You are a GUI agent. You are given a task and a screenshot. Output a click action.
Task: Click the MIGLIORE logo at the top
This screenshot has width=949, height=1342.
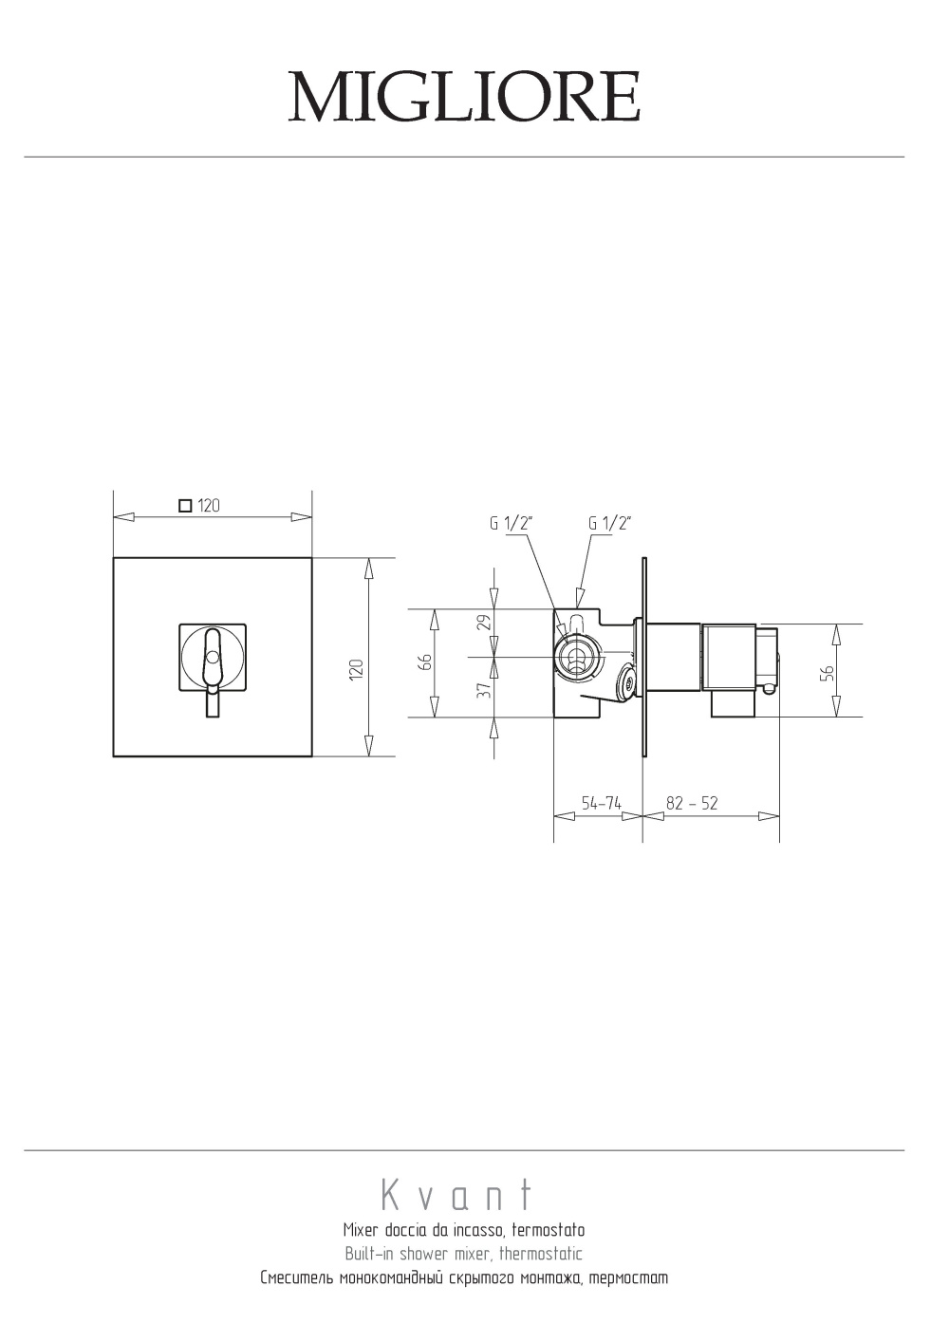point(465,97)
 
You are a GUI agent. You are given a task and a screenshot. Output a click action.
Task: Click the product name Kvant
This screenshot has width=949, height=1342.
point(456,1195)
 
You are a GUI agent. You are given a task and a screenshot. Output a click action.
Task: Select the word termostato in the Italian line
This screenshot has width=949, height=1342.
point(549,1231)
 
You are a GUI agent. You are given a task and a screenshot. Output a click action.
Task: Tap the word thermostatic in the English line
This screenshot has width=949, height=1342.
point(540,1253)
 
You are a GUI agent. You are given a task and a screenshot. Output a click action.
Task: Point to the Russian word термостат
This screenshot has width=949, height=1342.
point(628,1278)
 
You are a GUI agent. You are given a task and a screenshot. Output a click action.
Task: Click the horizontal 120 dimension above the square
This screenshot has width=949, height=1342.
point(209,506)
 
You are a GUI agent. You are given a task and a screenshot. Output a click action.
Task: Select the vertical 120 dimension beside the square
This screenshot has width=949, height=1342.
point(357,668)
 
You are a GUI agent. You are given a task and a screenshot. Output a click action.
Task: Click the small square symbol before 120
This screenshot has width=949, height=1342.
point(186,506)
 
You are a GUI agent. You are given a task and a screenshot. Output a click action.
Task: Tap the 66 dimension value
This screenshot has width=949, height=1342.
point(425,662)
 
